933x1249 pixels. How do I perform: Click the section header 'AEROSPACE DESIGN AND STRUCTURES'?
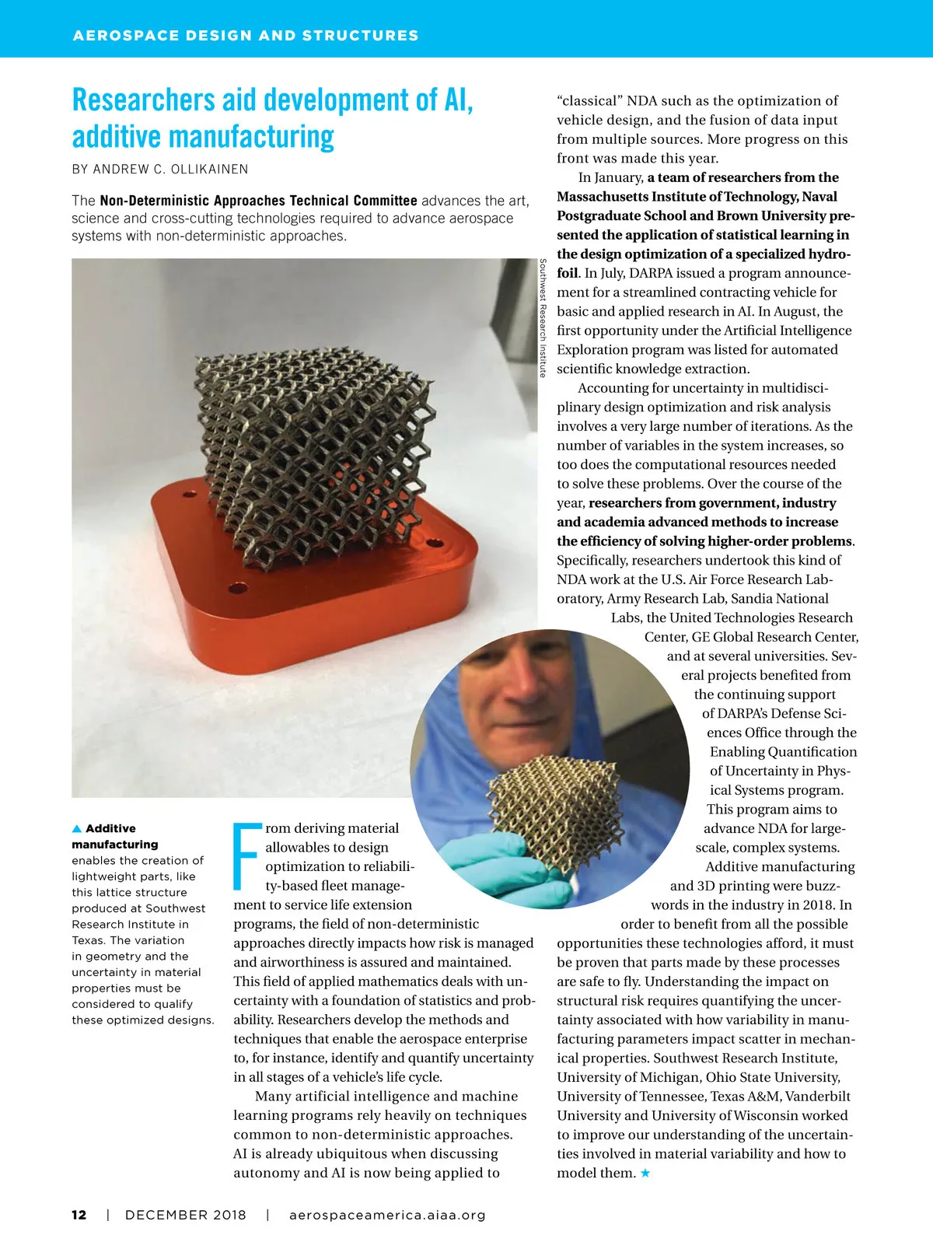coord(246,36)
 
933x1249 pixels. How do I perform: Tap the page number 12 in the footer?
coord(79,1215)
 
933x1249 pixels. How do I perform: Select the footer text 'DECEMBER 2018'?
coord(185,1215)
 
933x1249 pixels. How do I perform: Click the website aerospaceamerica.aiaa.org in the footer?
coord(387,1215)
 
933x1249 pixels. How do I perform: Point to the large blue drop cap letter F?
coord(246,855)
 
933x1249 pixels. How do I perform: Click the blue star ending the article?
coord(645,1173)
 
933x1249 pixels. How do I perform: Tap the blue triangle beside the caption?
coord(77,828)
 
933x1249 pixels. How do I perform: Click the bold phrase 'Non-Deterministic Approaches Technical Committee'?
coord(258,201)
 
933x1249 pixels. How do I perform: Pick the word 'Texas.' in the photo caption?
coord(89,940)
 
